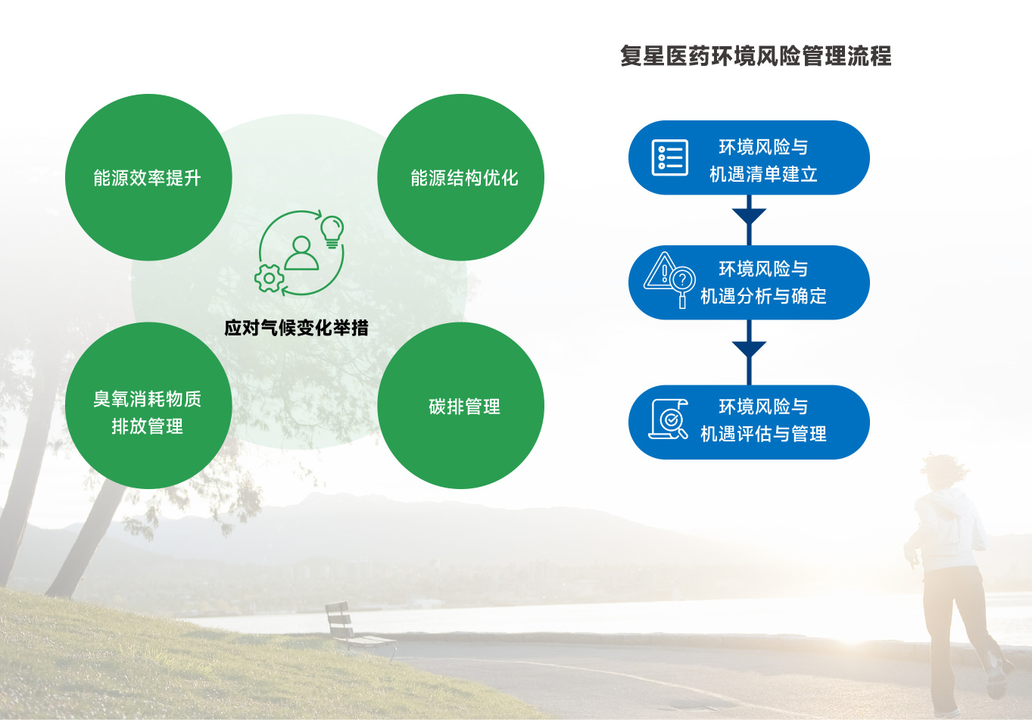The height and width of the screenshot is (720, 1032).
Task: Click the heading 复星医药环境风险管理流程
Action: coord(756,56)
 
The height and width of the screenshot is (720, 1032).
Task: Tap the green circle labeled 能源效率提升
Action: coord(148,177)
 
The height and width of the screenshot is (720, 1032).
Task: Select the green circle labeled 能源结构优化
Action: coord(460,177)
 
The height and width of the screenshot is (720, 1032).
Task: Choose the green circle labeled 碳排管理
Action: coord(460,405)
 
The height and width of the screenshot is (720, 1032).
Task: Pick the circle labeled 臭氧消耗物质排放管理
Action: coord(148,405)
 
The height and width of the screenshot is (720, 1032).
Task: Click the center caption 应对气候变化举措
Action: coord(296,328)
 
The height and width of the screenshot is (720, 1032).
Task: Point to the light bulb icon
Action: coord(332,232)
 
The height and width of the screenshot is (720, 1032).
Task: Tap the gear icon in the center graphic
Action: coord(269,279)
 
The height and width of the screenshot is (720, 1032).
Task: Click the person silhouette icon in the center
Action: coord(301,254)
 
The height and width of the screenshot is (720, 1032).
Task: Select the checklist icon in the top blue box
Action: coord(670,157)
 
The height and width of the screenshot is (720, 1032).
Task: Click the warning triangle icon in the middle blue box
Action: coord(660,271)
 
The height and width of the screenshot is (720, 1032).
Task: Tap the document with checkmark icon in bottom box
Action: coord(669,419)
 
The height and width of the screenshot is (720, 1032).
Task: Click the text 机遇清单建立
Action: coord(763,174)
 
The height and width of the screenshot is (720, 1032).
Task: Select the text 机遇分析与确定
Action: coord(763,296)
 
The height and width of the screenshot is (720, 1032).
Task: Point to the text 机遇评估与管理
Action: coord(763,434)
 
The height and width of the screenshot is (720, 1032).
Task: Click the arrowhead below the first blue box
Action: coord(749,216)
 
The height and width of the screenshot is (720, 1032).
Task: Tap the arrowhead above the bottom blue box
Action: coord(749,349)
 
